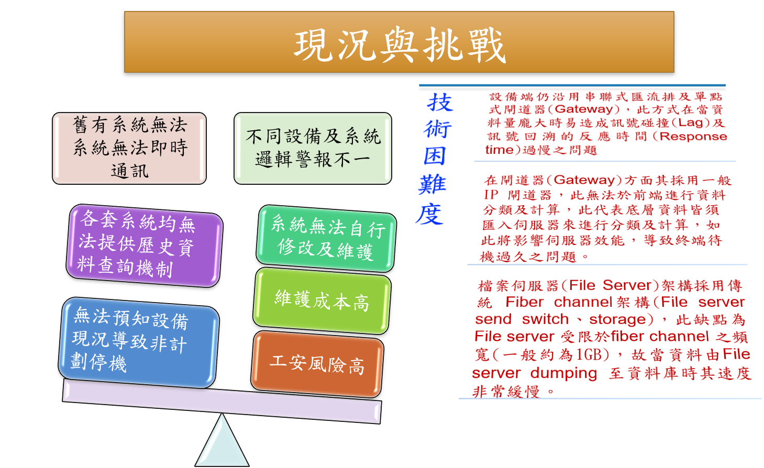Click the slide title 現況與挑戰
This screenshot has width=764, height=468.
[x=400, y=46]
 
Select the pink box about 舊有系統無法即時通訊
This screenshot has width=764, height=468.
[x=129, y=148]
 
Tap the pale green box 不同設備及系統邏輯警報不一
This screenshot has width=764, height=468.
[x=313, y=148]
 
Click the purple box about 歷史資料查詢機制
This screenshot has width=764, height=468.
[x=145, y=246]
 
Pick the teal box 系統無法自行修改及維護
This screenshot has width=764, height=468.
[x=326, y=238]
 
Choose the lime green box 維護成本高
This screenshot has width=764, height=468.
[x=322, y=300]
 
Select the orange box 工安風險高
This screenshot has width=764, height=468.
[x=317, y=364]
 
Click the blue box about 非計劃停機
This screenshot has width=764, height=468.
[x=139, y=342]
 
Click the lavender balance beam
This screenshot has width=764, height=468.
[x=222, y=402]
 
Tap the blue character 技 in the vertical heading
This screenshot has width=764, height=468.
[x=440, y=102]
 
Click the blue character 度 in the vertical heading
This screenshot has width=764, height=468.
[x=430, y=214]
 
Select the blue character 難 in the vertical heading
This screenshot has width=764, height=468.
[x=432, y=184]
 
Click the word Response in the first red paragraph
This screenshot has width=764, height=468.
[x=693, y=136]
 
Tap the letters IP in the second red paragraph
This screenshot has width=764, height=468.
[x=491, y=195]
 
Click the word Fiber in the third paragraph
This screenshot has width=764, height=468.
[x=524, y=302]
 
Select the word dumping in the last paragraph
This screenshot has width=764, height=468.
[x=563, y=373]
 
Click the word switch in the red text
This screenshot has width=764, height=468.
[x=545, y=319]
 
